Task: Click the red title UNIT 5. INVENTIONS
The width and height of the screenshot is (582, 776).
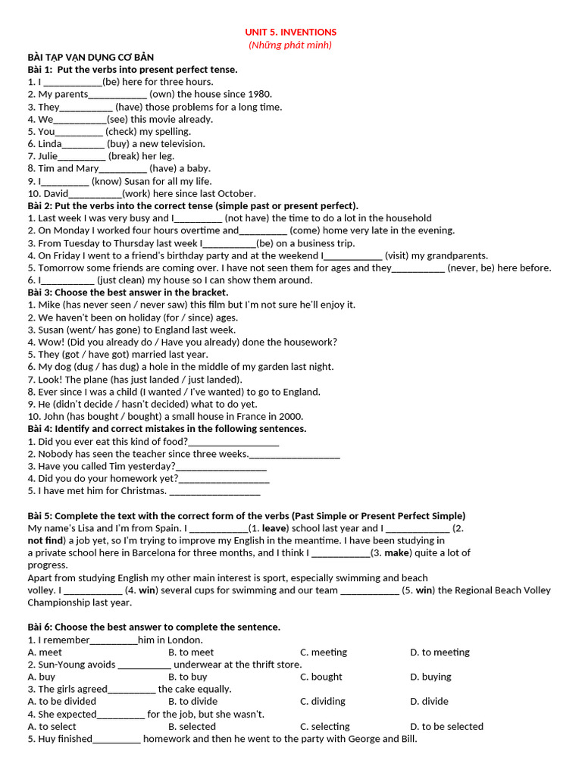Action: pos(290,32)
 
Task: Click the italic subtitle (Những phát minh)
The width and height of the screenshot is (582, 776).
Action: pos(290,45)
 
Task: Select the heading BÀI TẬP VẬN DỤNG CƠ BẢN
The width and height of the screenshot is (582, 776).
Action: pos(90,57)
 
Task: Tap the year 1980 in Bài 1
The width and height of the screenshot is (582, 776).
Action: pos(258,94)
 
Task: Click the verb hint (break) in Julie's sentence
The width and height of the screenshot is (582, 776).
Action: pos(124,156)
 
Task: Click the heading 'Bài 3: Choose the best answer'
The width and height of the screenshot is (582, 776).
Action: pos(127,293)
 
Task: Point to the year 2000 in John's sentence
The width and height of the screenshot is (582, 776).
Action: pos(292,416)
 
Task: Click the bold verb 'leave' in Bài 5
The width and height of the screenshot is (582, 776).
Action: pos(276,528)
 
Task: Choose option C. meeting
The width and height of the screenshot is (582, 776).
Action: pos(324,652)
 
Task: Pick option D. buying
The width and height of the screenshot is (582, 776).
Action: pos(430,677)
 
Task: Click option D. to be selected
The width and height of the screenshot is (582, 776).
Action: pos(446,727)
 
